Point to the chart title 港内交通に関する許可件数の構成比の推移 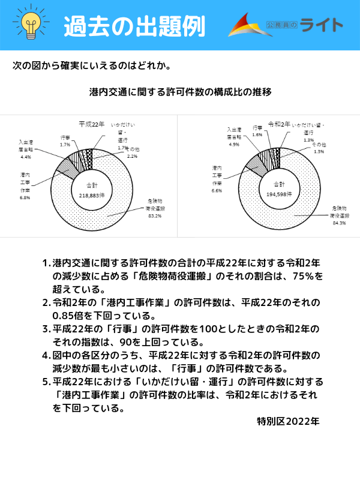pyautogui.click(x=180, y=92)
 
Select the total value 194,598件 pyautogui.click(x=280, y=194)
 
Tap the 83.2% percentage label pyautogui.click(x=154, y=216)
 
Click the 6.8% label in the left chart pyautogui.click(x=25, y=197)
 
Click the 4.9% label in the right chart pyautogui.click(x=234, y=145)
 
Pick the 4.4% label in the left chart pyautogui.click(x=26, y=157)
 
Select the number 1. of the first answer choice pyautogui.click(x=46, y=263)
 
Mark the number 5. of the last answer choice pyautogui.click(x=46, y=382)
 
